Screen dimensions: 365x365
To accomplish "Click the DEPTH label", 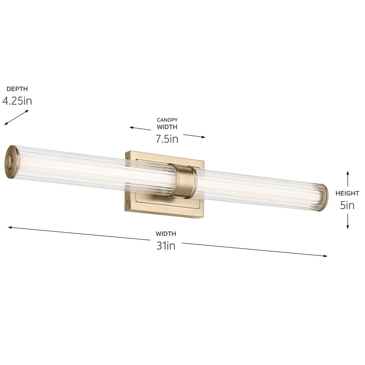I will [x=17, y=89].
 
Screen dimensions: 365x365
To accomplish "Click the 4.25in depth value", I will [x=17, y=101].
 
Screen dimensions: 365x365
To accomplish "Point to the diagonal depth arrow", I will [x=16, y=118].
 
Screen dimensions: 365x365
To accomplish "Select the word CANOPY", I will [x=167, y=120].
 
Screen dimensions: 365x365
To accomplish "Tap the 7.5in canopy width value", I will [x=167, y=139].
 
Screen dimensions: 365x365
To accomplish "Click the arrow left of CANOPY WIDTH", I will [x=140, y=128].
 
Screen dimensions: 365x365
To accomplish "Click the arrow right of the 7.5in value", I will [x=194, y=136].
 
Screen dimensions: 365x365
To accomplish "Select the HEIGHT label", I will [x=347, y=194].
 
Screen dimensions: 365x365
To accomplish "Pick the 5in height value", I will [x=347, y=205].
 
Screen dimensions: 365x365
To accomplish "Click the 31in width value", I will [x=166, y=246].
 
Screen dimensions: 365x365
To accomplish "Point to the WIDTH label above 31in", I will [x=166, y=234].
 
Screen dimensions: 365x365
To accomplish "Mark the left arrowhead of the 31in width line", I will [x=10, y=227].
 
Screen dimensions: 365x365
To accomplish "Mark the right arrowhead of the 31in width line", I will [x=325, y=256].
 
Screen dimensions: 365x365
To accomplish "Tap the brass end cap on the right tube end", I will [x=325, y=196].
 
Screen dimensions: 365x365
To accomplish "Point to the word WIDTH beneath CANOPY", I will [x=167, y=127].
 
